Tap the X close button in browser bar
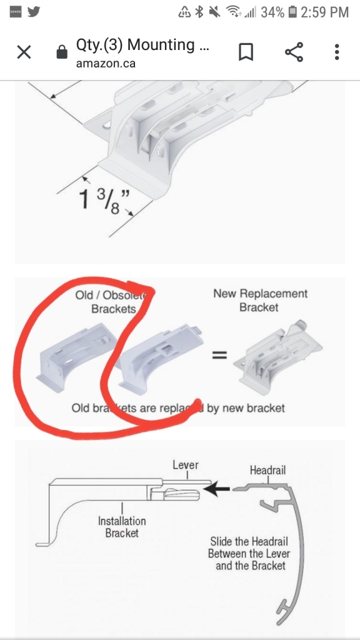tap(24, 52)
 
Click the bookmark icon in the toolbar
tap(246, 52)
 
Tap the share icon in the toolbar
tap(294, 52)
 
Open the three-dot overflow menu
tap(337, 52)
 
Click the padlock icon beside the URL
tap(61, 53)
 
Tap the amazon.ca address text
tap(106, 63)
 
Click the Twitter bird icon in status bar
tap(34, 12)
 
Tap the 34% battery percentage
tap(272, 12)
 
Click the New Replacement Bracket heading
tap(260, 300)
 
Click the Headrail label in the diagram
tap(267, 469)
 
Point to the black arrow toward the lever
tap(217, 489)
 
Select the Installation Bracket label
tap(122, 526)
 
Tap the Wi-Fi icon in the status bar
tap(234, 12)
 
